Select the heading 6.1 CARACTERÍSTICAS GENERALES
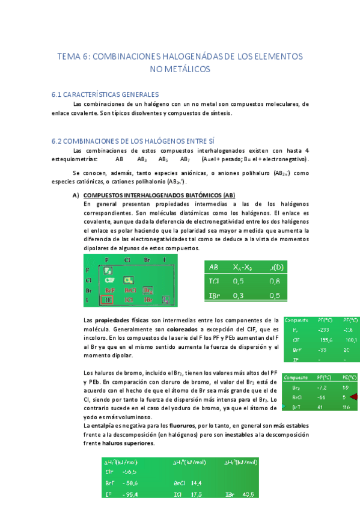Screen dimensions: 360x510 [105, 94]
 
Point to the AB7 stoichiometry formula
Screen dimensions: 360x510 [185, 159]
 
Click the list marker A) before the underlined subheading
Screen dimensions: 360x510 [76, 195]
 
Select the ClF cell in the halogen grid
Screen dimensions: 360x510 [109, 280]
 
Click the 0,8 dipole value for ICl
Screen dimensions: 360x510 [275, 281]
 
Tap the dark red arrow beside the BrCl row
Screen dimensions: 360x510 [352, 397]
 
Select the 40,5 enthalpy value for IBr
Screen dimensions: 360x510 [247, 494]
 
